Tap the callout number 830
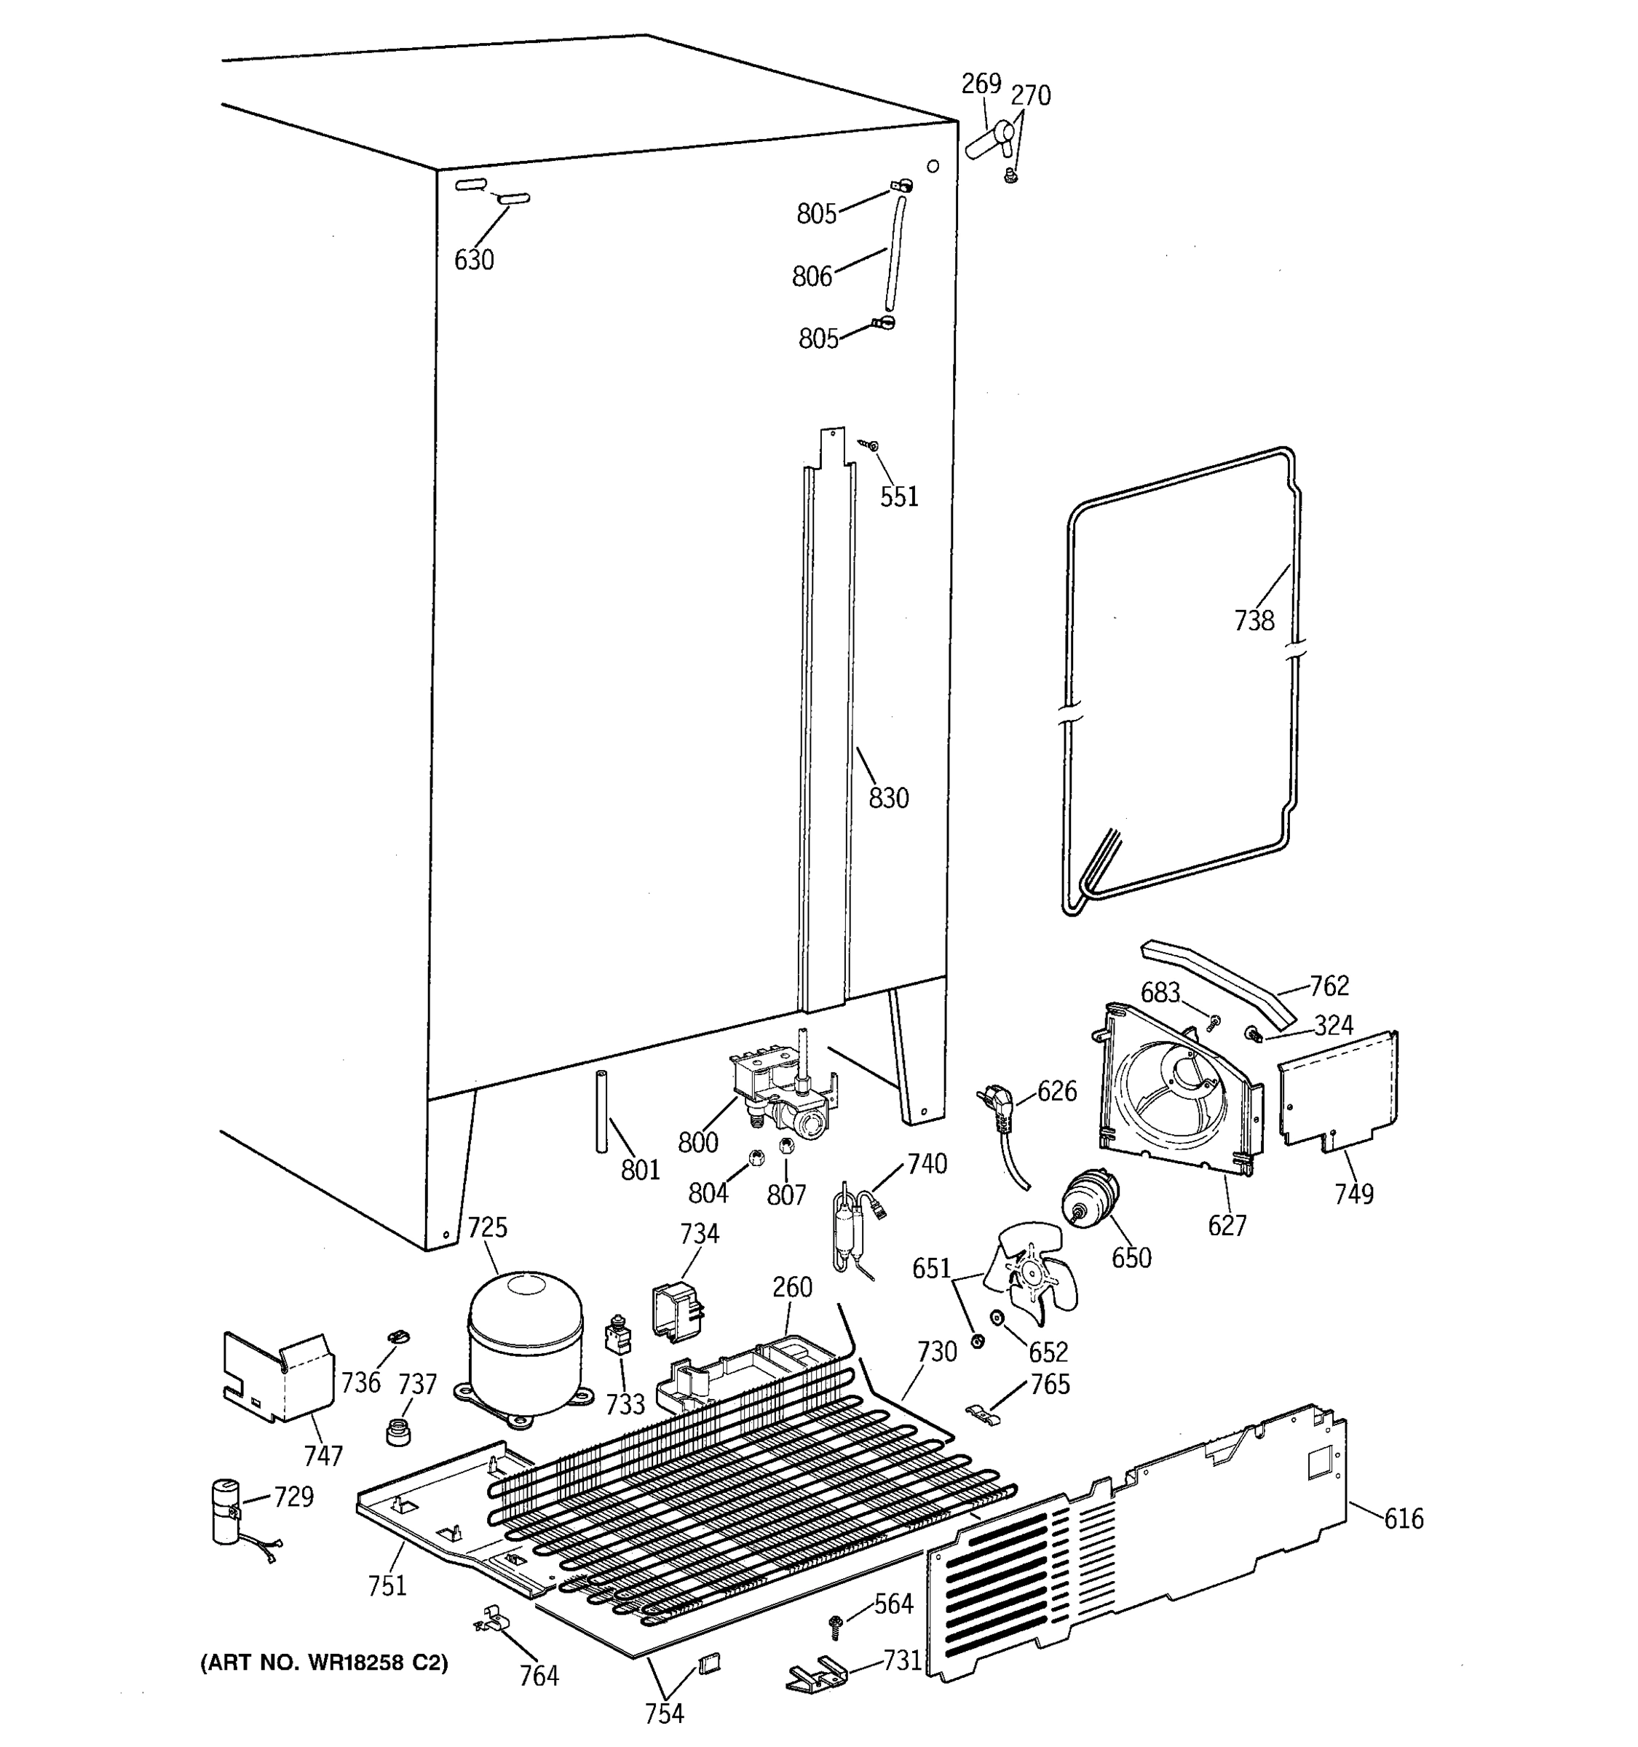coord(887,799)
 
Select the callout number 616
coord(1404,1518)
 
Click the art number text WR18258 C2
coord(324,1663)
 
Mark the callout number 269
coord(981,84)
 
